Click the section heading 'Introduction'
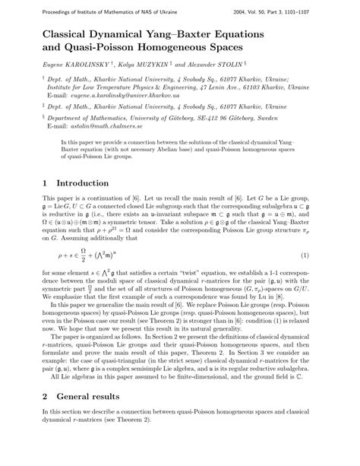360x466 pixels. pos(71,183)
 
